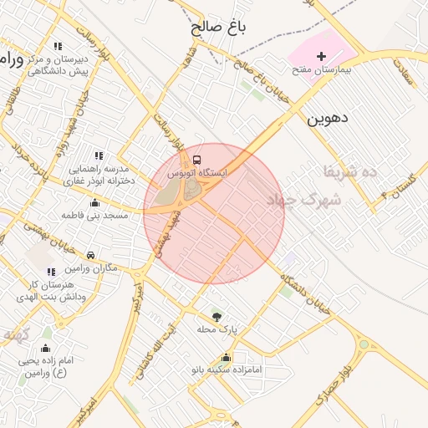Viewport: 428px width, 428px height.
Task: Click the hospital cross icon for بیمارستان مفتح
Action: tap(321, 54)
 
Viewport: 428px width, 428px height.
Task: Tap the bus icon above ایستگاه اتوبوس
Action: tap(196, 159)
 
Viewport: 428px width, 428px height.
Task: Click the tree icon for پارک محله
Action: tap(217, 317)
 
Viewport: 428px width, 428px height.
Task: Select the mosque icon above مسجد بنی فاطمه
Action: tap(94, 202)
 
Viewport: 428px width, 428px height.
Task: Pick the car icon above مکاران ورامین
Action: tap(90, 255)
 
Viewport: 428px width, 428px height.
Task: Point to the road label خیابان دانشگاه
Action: tap(306, 294)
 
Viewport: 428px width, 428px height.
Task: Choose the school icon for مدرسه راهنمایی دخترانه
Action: tap(99, 155)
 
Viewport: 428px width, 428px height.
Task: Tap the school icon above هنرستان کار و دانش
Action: tap(51, 272)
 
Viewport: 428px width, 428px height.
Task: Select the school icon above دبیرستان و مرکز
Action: tap(57, 47)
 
